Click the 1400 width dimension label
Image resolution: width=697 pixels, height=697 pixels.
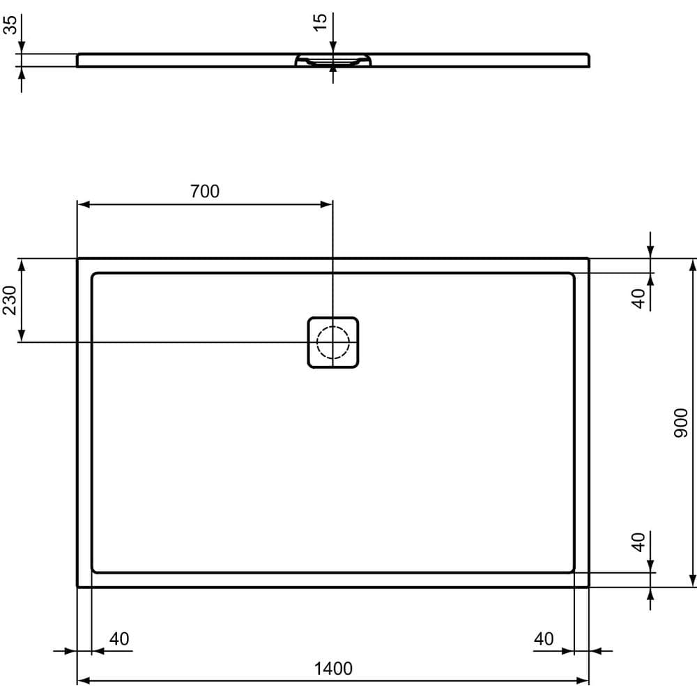[332, 669]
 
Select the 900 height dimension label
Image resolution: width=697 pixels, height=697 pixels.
[681, 422]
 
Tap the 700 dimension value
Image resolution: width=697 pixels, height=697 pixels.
[205, 191]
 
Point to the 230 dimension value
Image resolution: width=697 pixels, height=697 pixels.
[10, 300]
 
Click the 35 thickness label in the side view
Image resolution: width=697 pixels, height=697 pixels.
[10, 26]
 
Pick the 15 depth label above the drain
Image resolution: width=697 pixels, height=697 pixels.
[320, 22]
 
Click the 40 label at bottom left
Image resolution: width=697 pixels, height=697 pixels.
[119, 638]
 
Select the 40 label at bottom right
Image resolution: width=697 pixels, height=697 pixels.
[544, 638]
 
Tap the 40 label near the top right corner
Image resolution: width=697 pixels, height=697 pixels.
[638, 298]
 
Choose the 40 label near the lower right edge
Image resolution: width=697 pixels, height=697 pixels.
[638, 542]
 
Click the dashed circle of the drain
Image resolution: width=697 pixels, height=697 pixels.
[332, 342]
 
